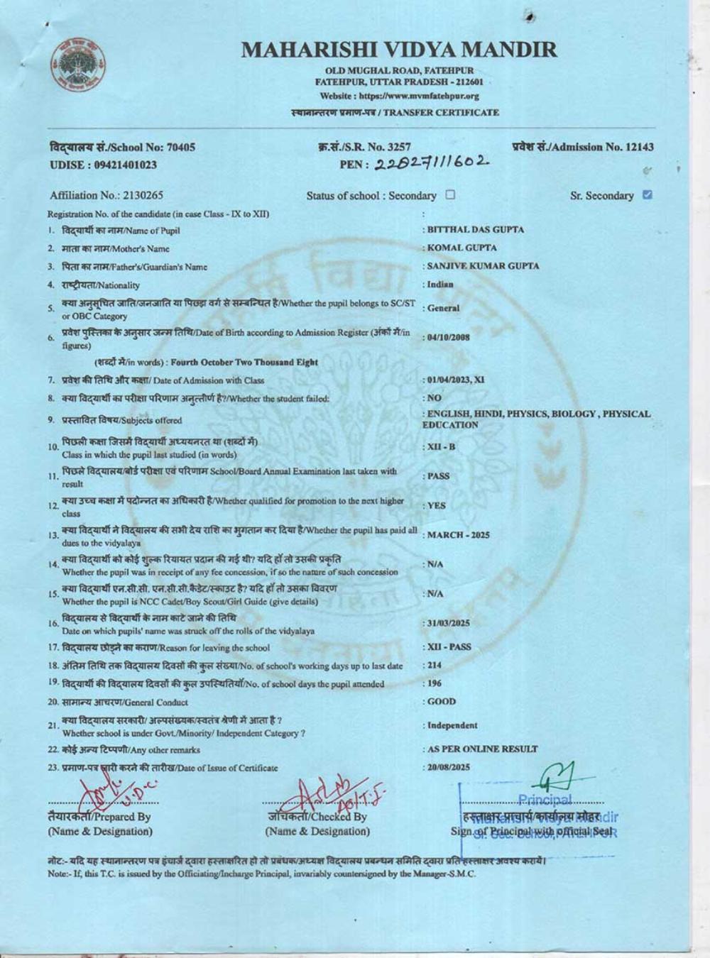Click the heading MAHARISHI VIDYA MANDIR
pyautogui.click(x=398, y=50)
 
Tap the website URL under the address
pyautogui.click(x=399, y=96)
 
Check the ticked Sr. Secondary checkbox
pyautogui.click(x=647, y=194)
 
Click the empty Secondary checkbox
pyautogui.click(x=450, y=194)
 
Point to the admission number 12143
pyautogui.click(x=638, y=147)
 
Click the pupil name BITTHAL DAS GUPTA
pyautogui.click(x=476, y=230)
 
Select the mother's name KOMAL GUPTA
pyautogui.click(x=462, y=248)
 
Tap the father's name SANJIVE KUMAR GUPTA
pyautogui.click(x=483, y=266)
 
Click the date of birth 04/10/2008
pyautogui.click(x=448, y=338)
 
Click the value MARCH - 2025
pyautogui.click(x=458, y=535)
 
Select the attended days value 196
pyautogui.click(x=433, y=683)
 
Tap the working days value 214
pyautogui.click(x=433, y=665)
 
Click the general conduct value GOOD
pyautogui.click(x=442, y=702)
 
